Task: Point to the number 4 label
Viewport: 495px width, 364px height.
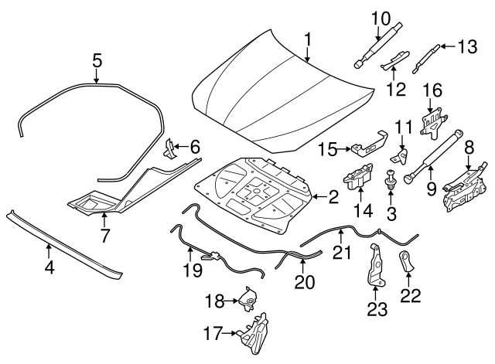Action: pos(49,268)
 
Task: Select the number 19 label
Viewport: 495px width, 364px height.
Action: pos(193,270)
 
